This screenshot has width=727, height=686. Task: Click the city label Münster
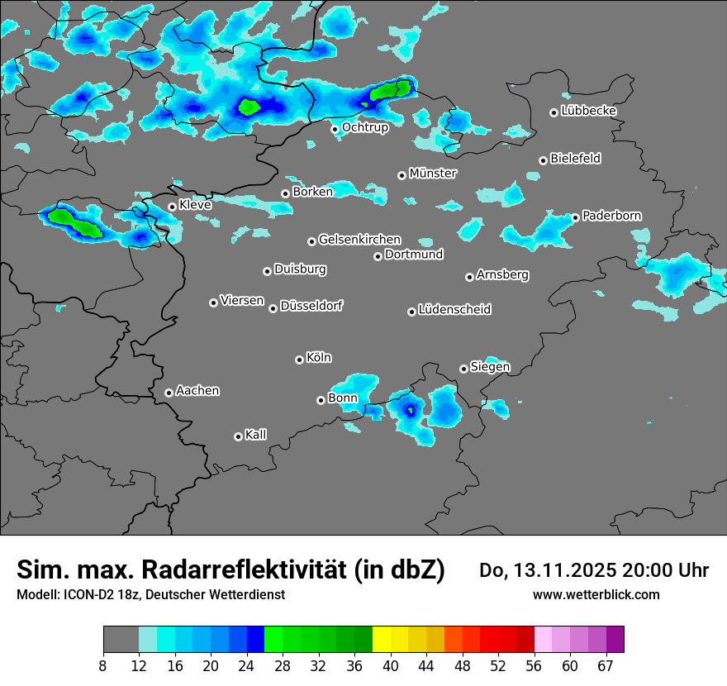pyautogui.click(x=432, y=174)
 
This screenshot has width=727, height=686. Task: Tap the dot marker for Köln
pyautogui.click(x=299, y=360)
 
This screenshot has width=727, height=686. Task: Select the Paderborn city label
pyautogui.click(x=611, y=216)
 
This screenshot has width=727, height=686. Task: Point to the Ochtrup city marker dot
pyautogui.click(x=335, y=128)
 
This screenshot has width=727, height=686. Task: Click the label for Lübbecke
pyautogui.click(x=588, y=111)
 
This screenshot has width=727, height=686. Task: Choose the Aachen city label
pyautogui.click(x=197, y=391)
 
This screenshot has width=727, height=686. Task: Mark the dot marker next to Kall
pyautogui.click(x=238, y=436)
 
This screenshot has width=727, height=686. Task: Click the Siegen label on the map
pyautogui.click(x=490, y=367)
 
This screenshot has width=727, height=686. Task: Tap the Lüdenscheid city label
pyautogui.click(x=454, y=310)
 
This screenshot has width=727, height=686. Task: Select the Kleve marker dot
pyautogui.click(x=172, y=207)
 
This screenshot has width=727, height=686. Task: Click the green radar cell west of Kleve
pyautogui.click(x=74, y=222)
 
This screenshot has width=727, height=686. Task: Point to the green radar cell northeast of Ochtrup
pyautogui.click(x=391, y=90)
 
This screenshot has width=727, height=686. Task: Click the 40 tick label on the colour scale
pyautogui.click(x=391, y=665)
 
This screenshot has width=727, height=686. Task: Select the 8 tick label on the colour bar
pyautogui.click(x=103, y=665)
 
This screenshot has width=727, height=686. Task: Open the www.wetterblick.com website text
pyautogui.click(x=596, y=594)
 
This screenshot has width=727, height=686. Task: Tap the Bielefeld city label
pyautogui.click(x=575, y=159)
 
